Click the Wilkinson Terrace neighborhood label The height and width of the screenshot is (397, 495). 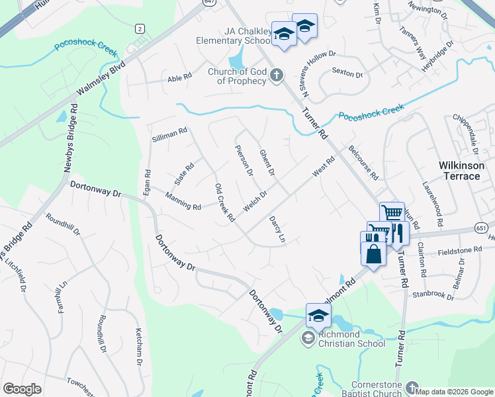coord(462,171)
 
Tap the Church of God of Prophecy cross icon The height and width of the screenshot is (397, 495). coord(277,77)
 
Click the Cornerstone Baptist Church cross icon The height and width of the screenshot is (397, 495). coord(412,388)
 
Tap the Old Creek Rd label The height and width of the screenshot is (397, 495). coord(225,202)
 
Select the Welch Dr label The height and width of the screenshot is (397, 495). coord(255,202)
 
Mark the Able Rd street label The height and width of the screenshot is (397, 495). coord(179,77)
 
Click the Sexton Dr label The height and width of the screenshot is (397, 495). coord(348,73)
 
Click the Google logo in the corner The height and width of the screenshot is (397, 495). coord(22,390)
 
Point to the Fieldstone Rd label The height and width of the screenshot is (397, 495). coord(459,250)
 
